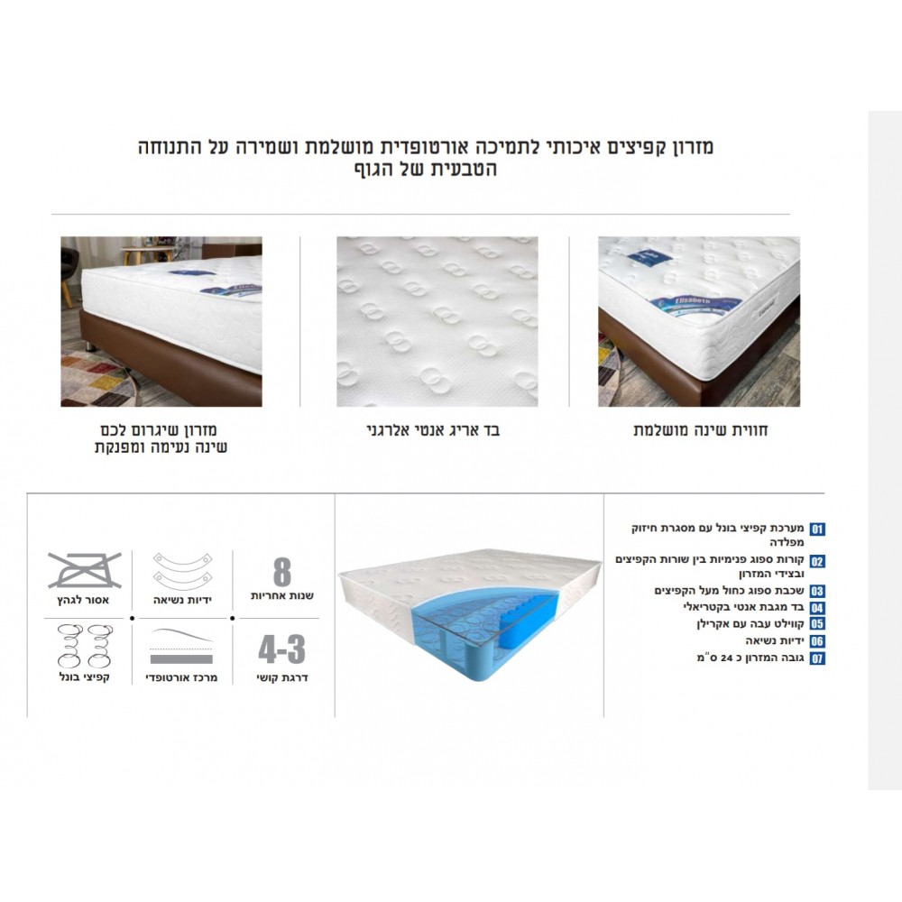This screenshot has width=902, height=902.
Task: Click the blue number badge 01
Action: point(817,529)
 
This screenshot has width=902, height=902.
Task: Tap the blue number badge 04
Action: point(817,608)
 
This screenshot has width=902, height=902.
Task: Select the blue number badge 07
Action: point(817,658)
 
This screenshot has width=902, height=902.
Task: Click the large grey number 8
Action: point(281,573)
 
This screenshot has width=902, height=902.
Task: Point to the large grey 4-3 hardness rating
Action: point(281,649)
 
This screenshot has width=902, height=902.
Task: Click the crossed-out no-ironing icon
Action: point(85,570)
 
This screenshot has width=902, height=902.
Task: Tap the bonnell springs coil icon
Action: point(85,646)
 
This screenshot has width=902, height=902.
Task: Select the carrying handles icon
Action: point(182,571)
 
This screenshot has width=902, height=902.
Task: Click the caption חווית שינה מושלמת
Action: point(701,430)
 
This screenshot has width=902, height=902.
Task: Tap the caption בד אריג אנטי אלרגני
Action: point(433,430)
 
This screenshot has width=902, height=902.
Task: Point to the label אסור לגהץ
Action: point(83,600)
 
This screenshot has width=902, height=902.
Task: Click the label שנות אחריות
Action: point(281,595)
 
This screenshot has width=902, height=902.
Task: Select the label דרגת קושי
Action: point(281,677)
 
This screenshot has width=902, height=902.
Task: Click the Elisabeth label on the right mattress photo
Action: point(692,301)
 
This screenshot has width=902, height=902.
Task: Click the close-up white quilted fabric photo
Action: point(437,322)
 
